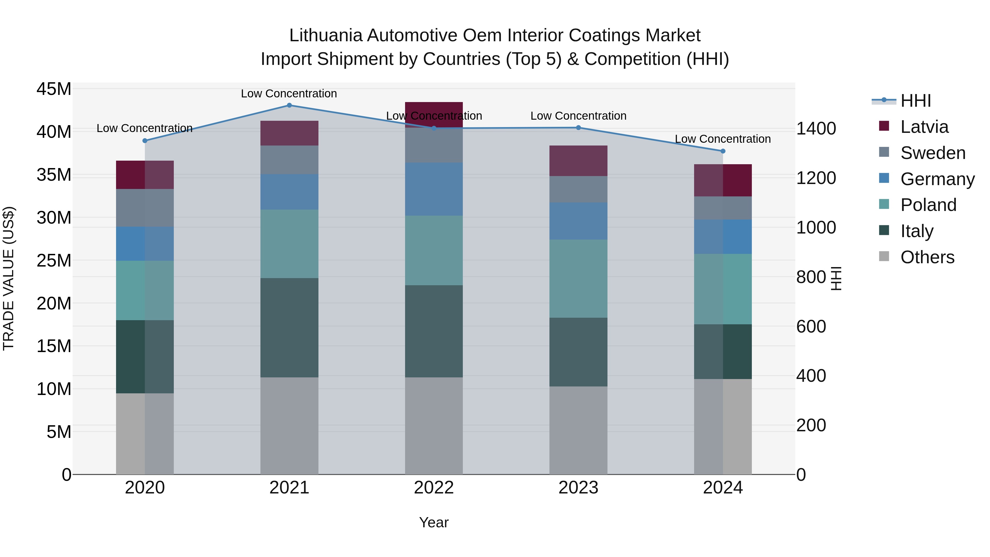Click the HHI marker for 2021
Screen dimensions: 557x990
pyautogui.click(x=289, y=105)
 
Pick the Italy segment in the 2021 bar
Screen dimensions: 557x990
pyautogui.click(x=289, y=328)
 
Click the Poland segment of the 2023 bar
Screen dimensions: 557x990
pyautogui.click(x=578, y=278)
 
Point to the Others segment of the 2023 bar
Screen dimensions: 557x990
pyautogui.click(x=578, y=430)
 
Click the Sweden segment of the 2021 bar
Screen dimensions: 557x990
pyautogui.click(x=289, y=160)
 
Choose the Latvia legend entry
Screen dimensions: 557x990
pyautogui.click(x=924, y=127)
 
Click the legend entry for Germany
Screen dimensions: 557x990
pyautogui.click(x=937, y=179)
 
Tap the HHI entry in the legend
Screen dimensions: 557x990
pyautogui.click(x=915, y=101)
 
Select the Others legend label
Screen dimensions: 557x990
pyautogui.click(x=927, y=257)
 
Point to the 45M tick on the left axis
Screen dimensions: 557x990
pyautogui.click(x=54, y=89)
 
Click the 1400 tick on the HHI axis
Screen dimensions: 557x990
pyautogui.click(x=816, y=128)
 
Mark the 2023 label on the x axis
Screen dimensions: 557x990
pyautogui.click(x=578, y=488)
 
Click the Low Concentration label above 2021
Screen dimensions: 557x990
pyautogui.click(x=289, y=94)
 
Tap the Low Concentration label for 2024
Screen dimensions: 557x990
pyautogui.click(x=722, y=139)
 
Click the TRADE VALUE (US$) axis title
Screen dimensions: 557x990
pyautogui.click(x=9, y=278)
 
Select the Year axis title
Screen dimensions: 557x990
pyautogui.click(x=434, y=522)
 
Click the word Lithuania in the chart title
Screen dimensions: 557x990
pyautogui.click(x=325, y=35)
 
